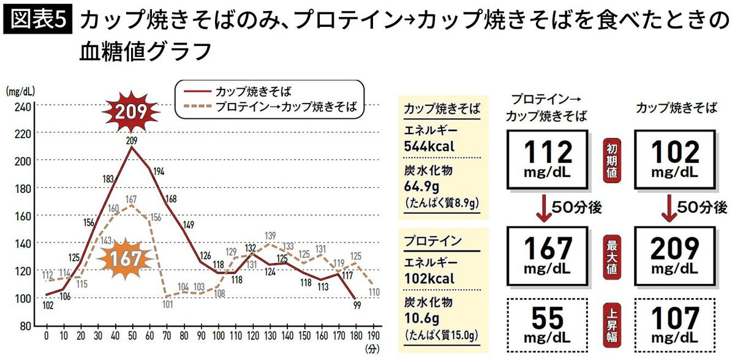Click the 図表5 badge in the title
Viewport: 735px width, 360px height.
tap(38, 21)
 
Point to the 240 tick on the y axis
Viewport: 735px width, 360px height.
tap(23, 105)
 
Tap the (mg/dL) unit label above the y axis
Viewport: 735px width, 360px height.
tap(20, 92)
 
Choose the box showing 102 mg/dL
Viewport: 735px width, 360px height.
tap(674, 158)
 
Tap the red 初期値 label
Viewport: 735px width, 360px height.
tap(612, 158)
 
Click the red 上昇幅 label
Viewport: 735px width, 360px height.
tap(612, 325)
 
